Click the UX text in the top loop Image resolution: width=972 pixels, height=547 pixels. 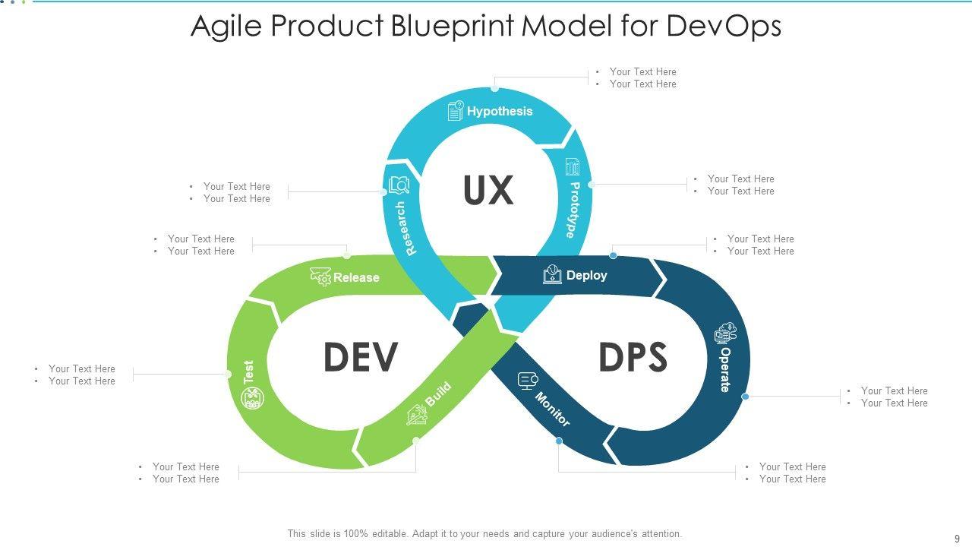coord(488,190)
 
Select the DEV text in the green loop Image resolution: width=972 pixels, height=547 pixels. coord(360,357)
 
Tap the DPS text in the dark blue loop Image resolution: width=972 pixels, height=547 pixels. coord(633,357)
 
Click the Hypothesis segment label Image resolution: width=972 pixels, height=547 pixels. coord(500,111)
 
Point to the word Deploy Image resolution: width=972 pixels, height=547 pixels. coord(586,275)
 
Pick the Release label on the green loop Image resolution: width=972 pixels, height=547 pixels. coord(356,277)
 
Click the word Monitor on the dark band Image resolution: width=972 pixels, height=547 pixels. coord(553,409)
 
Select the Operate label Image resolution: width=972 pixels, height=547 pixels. coord(725,370)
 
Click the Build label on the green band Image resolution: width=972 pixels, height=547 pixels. coord(437,394)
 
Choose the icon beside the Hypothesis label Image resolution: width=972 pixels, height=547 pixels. coord(456,111)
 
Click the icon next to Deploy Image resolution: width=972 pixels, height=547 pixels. coord(552,275)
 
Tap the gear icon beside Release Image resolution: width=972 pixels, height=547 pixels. coord(320,277)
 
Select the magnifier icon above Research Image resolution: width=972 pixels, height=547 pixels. coord(399,185)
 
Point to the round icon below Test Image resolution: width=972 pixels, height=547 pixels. coord(253,398)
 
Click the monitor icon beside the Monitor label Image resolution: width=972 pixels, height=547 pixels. coord(528,380)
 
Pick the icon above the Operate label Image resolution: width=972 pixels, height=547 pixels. coord(725,333)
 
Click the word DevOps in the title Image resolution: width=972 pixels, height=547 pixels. coord(724,26)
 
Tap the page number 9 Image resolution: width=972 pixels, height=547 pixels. coord(957,538)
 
